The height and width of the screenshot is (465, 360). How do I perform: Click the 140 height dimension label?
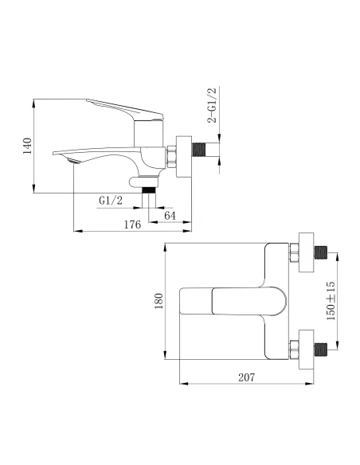coord(27,145)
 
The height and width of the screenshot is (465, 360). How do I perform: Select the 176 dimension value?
coord(132,225)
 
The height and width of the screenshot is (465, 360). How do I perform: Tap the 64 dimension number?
coord(169,215)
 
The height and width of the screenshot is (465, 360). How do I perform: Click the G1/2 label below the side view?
coord(111,200)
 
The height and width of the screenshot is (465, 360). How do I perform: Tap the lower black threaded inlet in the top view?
coord(320,348)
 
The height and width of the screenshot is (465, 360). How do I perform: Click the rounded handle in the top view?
coord(239,302)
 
